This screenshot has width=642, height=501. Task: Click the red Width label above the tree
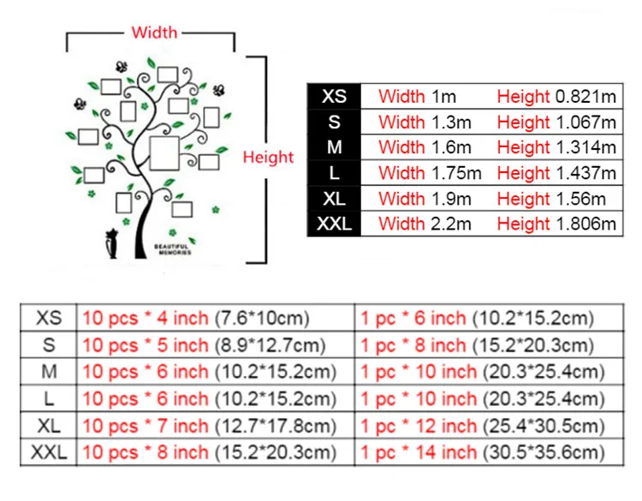pos(154,33)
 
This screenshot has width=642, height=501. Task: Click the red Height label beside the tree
pos(268,157)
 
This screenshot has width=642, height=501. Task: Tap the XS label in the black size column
pos(334,96)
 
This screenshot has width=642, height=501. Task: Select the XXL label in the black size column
pos(334,224)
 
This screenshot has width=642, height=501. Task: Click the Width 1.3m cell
pos(425,122)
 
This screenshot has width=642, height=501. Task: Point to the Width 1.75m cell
pos(430,173)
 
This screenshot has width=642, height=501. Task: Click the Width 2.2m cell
pos(425,224)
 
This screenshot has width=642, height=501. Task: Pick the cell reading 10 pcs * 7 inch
pos(204,426)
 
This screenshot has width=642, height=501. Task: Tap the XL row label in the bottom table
pos(50,426)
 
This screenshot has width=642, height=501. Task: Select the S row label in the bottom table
pos(50,345)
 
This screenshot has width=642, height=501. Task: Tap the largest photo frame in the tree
pos(165,152)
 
